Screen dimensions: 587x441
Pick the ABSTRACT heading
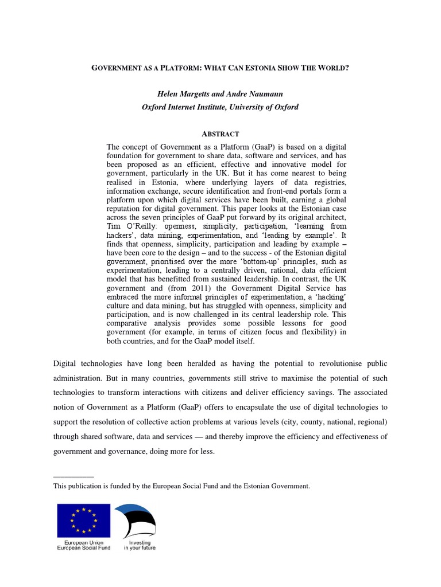(220, 134)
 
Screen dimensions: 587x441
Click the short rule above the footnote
(73, 476)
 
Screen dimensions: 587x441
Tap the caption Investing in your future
(140, 545)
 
